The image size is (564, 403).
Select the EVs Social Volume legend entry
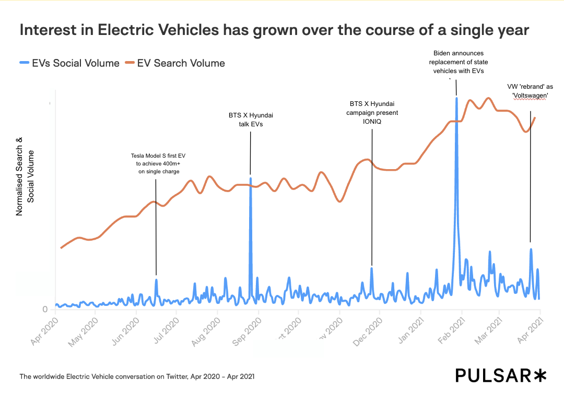tap(69, 63)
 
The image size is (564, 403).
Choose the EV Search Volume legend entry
tap(175, 63)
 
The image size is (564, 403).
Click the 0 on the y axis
tap(45, 310)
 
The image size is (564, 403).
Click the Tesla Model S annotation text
tap(155, 163)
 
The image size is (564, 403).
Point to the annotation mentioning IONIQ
tap(372, 113)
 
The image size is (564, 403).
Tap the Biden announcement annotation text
tap(459, 62)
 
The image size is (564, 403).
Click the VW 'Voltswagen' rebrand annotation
tap(530, 91)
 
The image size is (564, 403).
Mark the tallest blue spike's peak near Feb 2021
tap(457, 98)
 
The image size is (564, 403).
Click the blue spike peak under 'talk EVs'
tap(250, 179)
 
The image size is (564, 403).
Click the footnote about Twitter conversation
tap(137, 376)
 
